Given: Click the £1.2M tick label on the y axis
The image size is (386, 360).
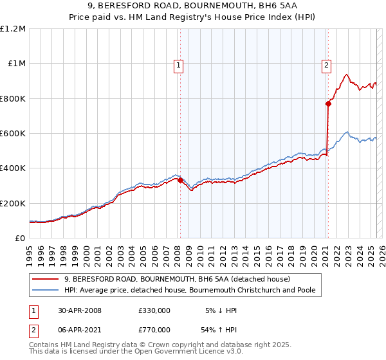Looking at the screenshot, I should [x=13, y=28].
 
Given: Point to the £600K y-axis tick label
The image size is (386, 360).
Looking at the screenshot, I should [x=13, y=133].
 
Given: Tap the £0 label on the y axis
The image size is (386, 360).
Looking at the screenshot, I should [x=21, y=238].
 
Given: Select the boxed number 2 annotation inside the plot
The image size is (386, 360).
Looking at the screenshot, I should [x=326, y=64].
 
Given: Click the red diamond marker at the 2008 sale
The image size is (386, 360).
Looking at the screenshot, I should [x=180, y=181].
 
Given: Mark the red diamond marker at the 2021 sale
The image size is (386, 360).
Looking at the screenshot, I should [x=327, y=104].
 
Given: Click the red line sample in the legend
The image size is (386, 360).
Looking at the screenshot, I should [x=46, y=279].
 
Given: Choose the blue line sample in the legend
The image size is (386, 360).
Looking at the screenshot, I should [x=46, y=290].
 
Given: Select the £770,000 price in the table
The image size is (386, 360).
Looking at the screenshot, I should [x=154, y=329].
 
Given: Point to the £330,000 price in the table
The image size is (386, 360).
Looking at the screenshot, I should [x=154, y=310].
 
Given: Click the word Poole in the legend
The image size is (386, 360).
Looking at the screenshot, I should [x=304, y=290].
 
